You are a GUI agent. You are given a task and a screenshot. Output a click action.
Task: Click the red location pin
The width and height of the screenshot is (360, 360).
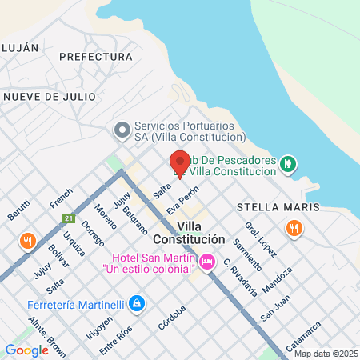click(179, 163)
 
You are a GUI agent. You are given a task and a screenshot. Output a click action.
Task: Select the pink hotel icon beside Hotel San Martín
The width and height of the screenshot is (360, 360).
click(207, 261)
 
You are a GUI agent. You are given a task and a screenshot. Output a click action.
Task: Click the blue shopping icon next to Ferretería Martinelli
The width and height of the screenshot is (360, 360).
click(137, 303)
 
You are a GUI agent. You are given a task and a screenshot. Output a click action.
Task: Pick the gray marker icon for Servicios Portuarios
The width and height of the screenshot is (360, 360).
click(122, 130)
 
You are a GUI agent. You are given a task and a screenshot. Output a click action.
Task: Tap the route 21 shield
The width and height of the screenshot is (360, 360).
click(70, 218)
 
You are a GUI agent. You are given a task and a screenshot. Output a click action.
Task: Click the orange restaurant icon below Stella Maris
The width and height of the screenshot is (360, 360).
click(295, 229)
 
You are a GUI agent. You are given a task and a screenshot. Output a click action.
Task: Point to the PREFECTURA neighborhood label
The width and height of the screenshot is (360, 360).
click(95, 57)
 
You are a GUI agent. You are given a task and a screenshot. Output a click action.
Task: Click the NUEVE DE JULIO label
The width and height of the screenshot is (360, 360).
click(50, 96)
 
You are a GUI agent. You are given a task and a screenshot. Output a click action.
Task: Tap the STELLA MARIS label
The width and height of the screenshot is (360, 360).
click(278, 207)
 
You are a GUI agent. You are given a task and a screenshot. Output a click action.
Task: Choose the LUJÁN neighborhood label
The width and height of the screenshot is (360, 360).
click(19, 47)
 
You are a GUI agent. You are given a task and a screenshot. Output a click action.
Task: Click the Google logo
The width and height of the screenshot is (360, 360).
click(26, 350)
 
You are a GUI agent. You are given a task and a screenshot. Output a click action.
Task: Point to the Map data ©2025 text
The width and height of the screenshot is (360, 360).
click(325, 354)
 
